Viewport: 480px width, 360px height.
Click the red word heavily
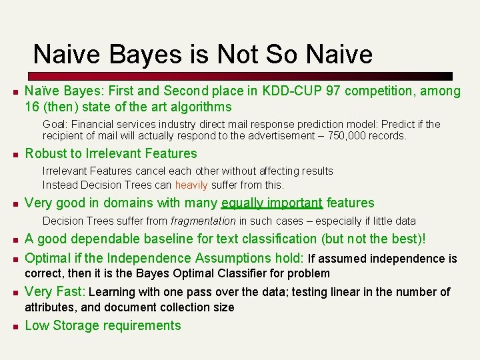point(191,185)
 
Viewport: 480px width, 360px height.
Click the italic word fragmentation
point(203,221)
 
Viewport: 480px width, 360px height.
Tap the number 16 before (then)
point(32,107)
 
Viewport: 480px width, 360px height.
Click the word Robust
point(45,154)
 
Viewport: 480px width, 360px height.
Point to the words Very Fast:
point(55,292)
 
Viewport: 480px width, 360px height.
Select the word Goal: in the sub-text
point(56,125)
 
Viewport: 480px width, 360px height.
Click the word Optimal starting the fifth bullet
point(47,259)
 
